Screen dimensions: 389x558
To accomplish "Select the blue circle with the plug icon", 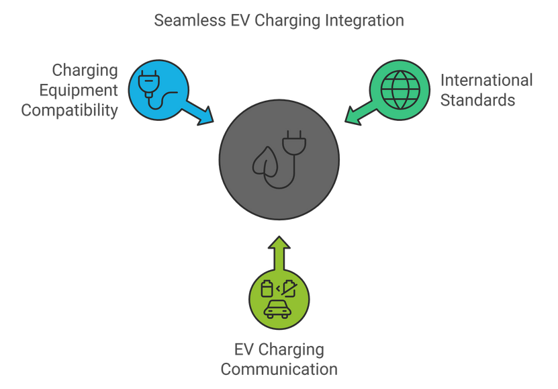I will pyautogui.click(x=158, y=90).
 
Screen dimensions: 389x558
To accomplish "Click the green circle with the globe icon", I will pyautogui.click(x=400, y=90).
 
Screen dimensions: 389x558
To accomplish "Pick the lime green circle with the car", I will pyautogui.click(x=279, y=300).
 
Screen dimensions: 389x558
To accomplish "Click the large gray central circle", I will pyautogui.click(x=279, y=159).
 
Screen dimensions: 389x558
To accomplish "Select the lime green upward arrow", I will pyautogui.click(x=279, y=252).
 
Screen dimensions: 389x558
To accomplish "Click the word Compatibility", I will pyautogui.click(x=70, y=110).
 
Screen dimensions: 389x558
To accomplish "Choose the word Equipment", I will pyautogui.click(x=79, y=90).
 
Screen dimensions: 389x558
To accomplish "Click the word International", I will pyautogui.click(x=486, y=81).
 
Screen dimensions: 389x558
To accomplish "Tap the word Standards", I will pyautogui.click(x=477, y=101).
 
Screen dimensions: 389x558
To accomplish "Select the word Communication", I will pyautogui.click(x=279, y=370).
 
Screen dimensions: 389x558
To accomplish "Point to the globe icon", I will pyautogui.click(x=400, y=90).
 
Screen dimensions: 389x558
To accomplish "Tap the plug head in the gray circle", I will pyautogui.click(x=295, y=142).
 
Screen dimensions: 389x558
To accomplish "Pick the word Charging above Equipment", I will pyautogui.click(x=85, y=70).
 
